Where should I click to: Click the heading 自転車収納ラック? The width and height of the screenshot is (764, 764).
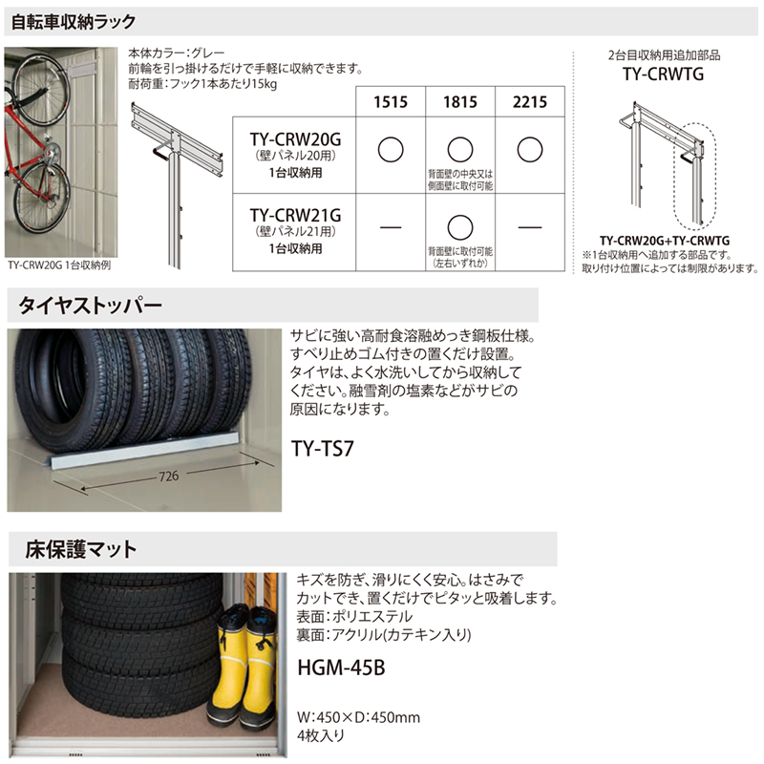tap(74, 22)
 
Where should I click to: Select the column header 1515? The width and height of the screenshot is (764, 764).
tap(391, 102)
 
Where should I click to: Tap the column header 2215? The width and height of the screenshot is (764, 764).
tap(530, 102)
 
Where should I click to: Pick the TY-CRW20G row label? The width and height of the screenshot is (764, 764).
tap(295, 139)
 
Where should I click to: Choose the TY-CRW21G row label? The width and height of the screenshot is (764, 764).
tap(295, 216)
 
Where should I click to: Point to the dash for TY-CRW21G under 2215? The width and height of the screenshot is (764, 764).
tap(530, 227)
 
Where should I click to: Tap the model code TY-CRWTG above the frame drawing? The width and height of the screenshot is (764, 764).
tap(663, 74)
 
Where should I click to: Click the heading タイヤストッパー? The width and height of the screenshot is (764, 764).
tap(90, 306)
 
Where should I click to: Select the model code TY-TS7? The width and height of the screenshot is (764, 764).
tap(322, 448)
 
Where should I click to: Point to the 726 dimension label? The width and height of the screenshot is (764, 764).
tap(169, 476)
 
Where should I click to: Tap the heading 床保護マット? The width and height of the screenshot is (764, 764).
tap(81, 549)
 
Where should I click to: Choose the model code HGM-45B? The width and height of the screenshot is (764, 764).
tap(341, 668)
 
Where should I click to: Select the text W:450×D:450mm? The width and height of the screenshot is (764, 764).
tap(358, 717)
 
